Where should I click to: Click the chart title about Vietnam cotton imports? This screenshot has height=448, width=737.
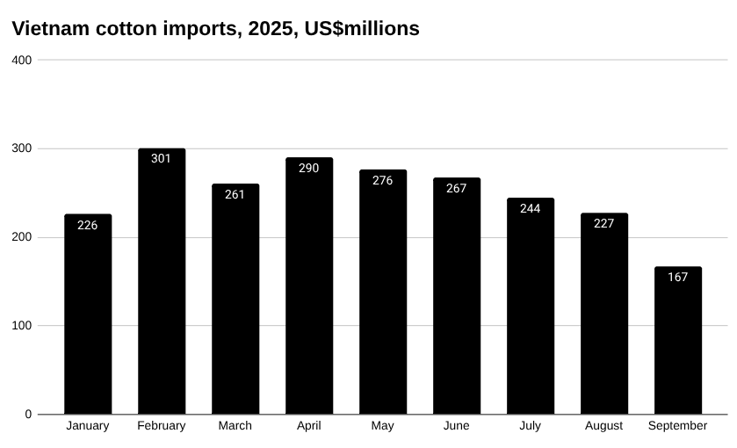pyautogui.click(x=215, y=29)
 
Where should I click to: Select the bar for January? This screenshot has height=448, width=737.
pyautogui.click(x=88, y=316)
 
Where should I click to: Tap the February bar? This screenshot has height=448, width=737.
pyautogui.click(x=162, y=290)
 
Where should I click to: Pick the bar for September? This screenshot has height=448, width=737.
pyautogui.click(x=678, y=343)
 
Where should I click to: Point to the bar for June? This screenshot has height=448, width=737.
pyautogui.click(x=457, y=299)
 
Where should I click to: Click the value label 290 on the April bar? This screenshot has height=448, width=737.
pyautogui.click(x=309, y=168)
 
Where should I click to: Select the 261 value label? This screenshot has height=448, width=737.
pyautogui.click(x=235, y=194)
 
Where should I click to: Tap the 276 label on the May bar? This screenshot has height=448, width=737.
pyautogui.click(x=383, y=180)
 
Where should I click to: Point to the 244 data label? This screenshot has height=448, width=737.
pyautogui.click(x=531, y=208)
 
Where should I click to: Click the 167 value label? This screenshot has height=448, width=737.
pyautogui.click(x=678, y=277)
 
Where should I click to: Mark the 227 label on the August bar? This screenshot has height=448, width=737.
pyautogui.click(x=604, y=223)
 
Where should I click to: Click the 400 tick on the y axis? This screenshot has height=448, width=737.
pyautogui.click(x=22, y=60)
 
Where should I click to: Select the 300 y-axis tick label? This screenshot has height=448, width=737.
pyautogui.click(x=22, y=148)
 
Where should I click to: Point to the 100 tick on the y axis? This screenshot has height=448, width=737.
pyautogui.click(x=22, y=325)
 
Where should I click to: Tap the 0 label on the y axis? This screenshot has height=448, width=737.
pyautogui.click(x=28, y=414)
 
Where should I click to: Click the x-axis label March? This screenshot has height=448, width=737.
pyautogui.click(x=235, y=426)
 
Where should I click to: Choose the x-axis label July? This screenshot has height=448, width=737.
pyautogui.click(x=531, y=426)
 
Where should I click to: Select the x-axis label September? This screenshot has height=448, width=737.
pyautogui.click(x=678, y=426)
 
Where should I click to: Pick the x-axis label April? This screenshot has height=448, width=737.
pyautogui.click(x=309, y=426)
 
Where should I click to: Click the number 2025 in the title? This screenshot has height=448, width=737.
pyautogui.click(x=271, y=29)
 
